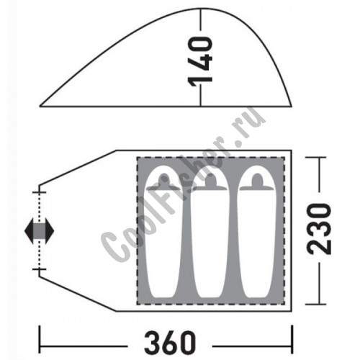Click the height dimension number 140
pyautogui.click(x=200, y=61)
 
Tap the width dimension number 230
pyautogui.click(x=319, y=229)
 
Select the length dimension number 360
pyautogui.click(x=170, y=343)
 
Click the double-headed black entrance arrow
pyautogui.click(x=40, y=231)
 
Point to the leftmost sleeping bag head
pyautogui.click(x=163, y=181)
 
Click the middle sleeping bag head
pyautogui.click(x=210, y=181)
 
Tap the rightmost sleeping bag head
pyautogui.click(x=257, y=181)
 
